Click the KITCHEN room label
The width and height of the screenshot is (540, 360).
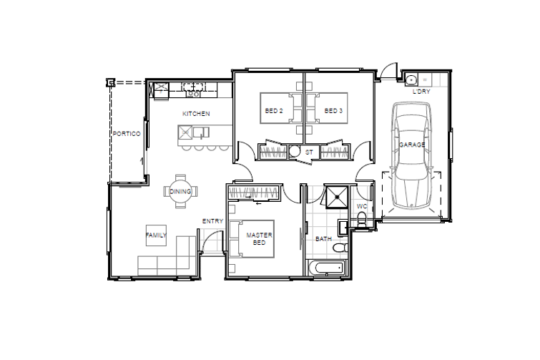[196, 114]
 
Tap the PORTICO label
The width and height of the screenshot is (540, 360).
[127, 134]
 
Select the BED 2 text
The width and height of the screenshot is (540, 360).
[274, 111]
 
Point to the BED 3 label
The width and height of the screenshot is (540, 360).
[333, 111]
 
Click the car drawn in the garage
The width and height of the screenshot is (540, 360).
[411, 155]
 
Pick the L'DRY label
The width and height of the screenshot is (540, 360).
[421, 92]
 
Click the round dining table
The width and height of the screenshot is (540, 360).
[180, 192]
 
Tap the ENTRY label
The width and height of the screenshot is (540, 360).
[212, 221]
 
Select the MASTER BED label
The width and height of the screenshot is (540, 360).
[259, 239]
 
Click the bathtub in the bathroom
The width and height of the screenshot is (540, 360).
[326, 268]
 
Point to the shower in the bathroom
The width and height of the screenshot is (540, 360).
[337, 198]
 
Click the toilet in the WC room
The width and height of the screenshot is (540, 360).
[362, 220]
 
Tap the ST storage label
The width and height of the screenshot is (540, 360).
[309, 152]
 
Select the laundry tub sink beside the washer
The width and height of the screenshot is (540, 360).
[411, 79]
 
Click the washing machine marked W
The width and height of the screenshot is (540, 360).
[425, 79]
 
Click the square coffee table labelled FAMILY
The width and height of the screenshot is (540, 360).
[156, 235]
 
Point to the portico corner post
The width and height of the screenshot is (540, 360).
[110, 82]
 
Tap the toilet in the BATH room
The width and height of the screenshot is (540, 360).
[341, 248]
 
